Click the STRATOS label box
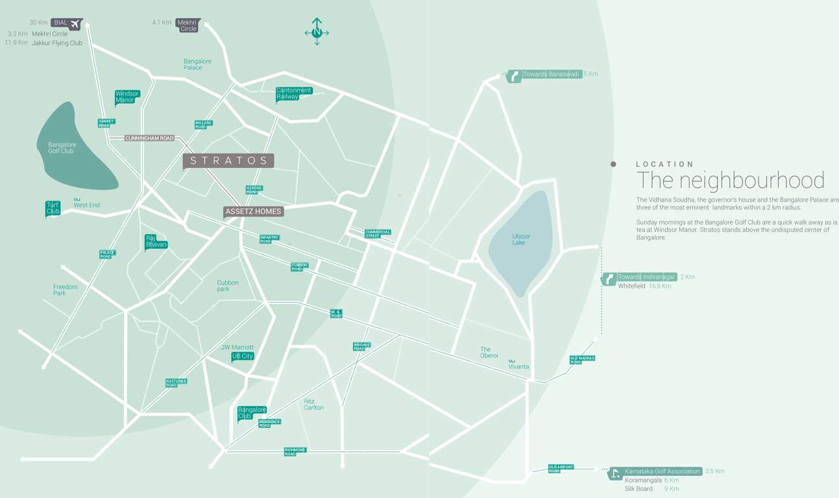click(228, 160)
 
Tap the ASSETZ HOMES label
click(254, 211)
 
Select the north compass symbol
click(317, 32)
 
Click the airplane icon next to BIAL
click(75, 23)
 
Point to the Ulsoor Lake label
click(521, 239)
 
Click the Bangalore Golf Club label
click(62, 148)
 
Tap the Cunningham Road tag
click(150, 138)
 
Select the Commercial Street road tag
click(378, 233)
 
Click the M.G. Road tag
click(336, 313)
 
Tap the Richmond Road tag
click(295, 451)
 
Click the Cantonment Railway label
click(293, 93)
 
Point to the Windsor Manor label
click(127, 97)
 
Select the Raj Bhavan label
click(156, 241)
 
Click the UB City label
click(243, 356)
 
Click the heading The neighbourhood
click(730, 180)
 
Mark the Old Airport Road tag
click(561, 468)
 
